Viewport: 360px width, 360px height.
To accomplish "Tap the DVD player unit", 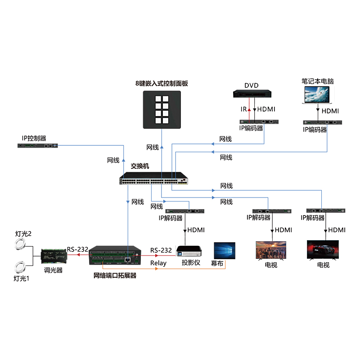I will click(252, 94).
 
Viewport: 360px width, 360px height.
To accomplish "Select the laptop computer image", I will click(318, 94).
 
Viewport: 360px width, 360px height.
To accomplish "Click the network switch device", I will click(153, 179).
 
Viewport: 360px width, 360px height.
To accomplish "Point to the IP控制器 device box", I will click(38, 146).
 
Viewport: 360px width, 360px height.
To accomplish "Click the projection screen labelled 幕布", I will click(225, 251).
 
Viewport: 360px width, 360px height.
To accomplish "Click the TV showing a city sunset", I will click(271, 250).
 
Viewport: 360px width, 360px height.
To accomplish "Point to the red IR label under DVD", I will click(243, 109).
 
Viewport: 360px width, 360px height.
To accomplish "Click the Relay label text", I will click(158, 263).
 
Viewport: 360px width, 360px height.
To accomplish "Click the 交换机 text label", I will click(139, 166).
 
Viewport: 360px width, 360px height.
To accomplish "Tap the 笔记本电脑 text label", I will click(317, 81).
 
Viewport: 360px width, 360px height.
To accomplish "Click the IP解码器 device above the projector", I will click(185, 211).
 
